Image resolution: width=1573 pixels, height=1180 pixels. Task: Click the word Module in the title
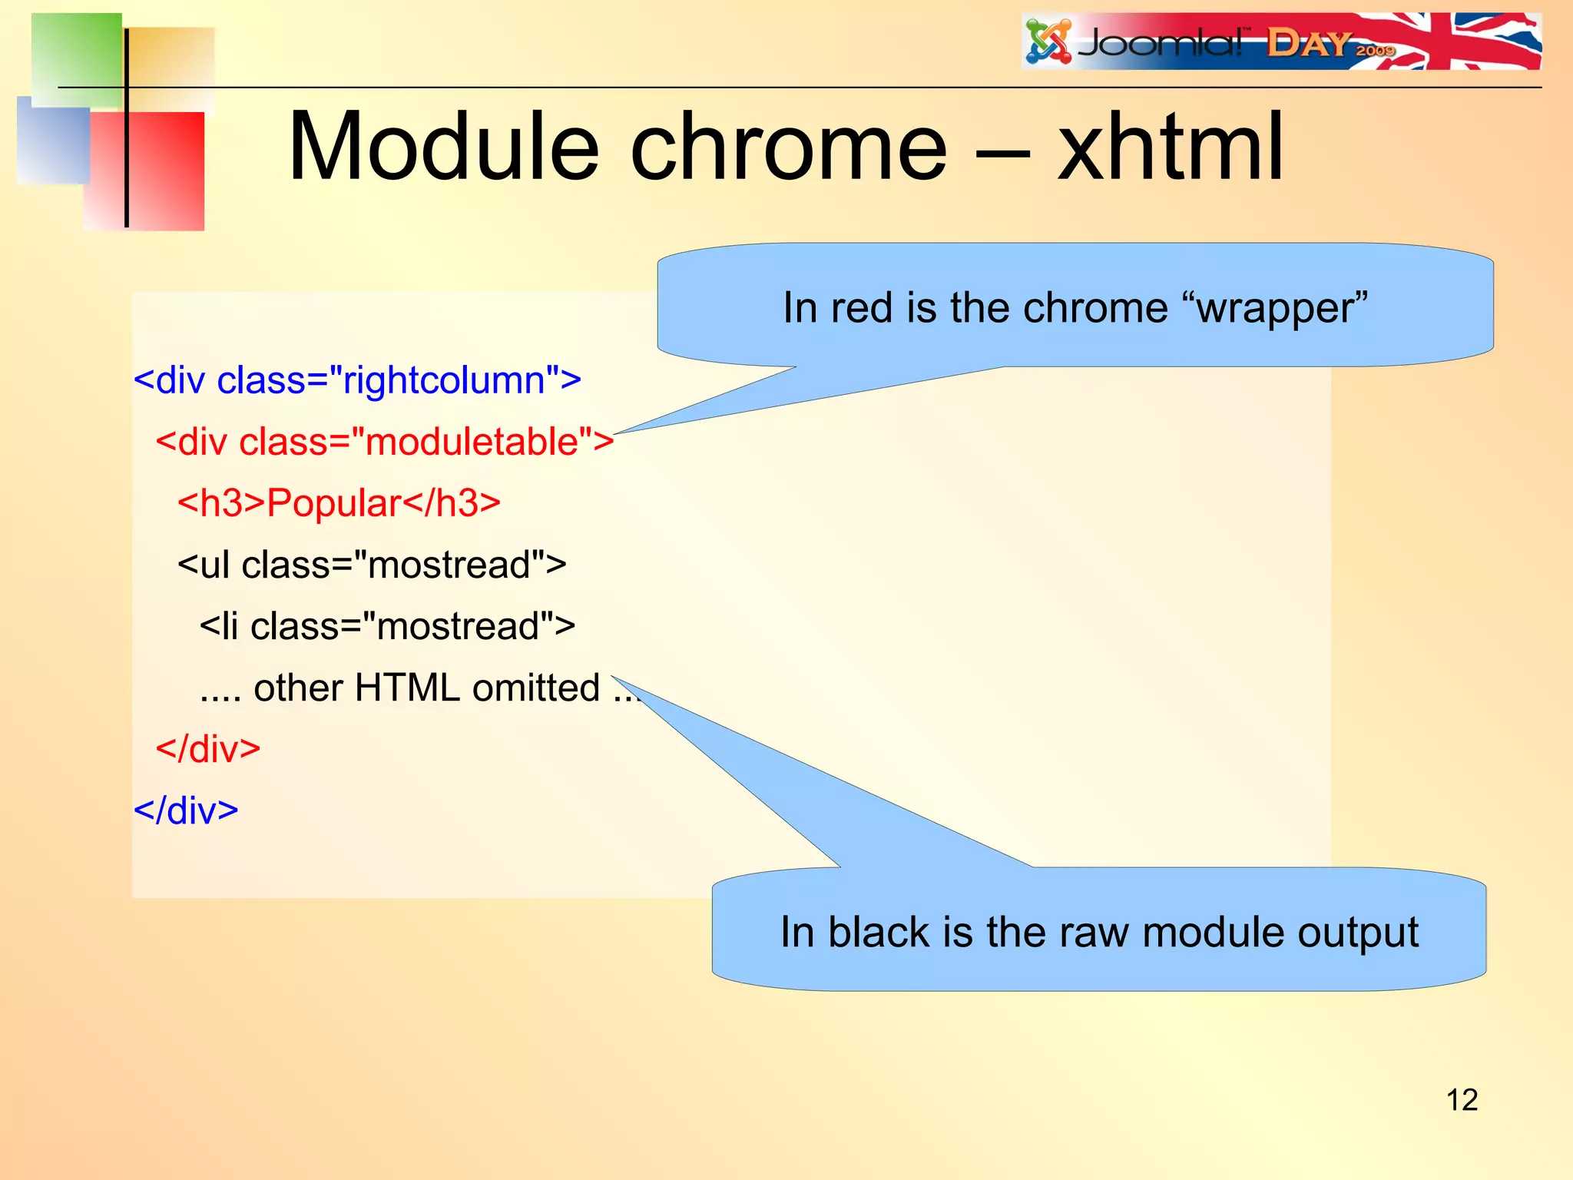point(443,147)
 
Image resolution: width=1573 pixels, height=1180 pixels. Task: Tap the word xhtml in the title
point(1170,147)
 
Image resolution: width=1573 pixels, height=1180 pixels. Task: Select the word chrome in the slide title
point(788,147)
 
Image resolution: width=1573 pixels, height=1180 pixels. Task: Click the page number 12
point(1462,1100)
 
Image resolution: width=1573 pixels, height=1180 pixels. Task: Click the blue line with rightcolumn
point(357,381)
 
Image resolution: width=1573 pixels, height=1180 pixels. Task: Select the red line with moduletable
point(384,442)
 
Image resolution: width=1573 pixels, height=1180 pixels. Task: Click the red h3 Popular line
point(339,504)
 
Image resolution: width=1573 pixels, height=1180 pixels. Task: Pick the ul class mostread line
point(372,565)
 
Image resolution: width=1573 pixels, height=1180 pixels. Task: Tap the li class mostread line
point(387,627)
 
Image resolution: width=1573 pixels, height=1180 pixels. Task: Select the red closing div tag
point(208,749)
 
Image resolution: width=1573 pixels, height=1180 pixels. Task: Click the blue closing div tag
point(186,810)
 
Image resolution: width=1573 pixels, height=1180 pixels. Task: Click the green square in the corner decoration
point(77,58)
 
